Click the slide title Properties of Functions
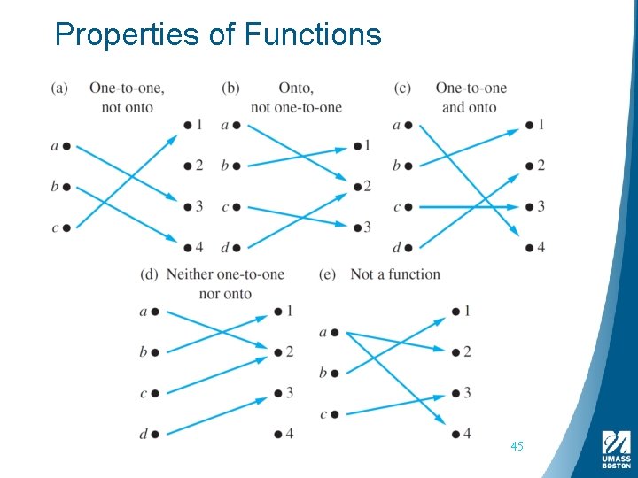pos(217,35)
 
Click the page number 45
pos(517,446)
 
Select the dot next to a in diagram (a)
pos(67,146)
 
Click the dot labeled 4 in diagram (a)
pos(188,247)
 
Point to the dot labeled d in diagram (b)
pos(237,247)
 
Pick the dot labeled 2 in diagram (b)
pos(355,186)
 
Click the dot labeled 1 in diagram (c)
pos(529,125)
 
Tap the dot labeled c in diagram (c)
pos(408,207)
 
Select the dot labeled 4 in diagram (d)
pos(278,434)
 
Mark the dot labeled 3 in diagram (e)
pos(455,393)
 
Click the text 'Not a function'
pos(395,274)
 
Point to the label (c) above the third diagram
pos(402,88)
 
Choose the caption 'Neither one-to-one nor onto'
pos(225,283)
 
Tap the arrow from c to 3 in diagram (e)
pos(394,405)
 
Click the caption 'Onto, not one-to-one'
pos(295,97)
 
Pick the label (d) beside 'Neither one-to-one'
pos(149,274)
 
